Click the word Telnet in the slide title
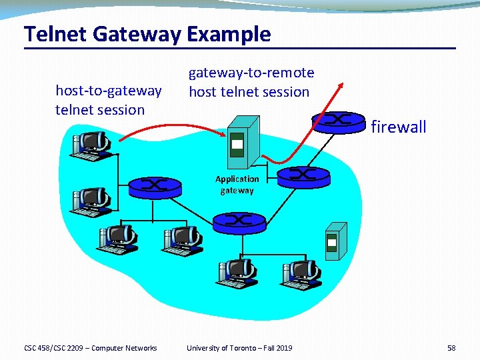(51, 34)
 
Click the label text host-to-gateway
(108, 90)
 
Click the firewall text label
(398, 127)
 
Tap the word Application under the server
(237, 179)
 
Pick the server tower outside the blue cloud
(335, 239)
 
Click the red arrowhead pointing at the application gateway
(224, 135)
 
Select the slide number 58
(451, 348)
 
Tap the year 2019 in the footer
(283, 348)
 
